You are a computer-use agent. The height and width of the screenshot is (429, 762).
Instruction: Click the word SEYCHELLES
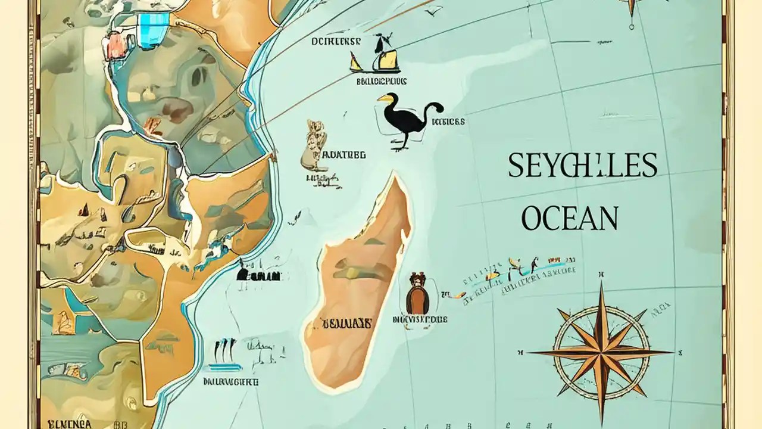[582, 165]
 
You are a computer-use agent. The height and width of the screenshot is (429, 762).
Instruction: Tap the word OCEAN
[570, 218]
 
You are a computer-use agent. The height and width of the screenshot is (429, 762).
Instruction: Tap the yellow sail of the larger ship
[389, 60]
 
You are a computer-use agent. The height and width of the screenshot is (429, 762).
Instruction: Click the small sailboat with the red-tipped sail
[355, 62]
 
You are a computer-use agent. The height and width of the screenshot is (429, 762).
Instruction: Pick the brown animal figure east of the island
[417, 293]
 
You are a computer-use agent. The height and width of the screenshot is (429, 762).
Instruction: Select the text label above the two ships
[336, 42]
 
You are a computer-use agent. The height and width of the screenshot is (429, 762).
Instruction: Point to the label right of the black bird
[448, 122]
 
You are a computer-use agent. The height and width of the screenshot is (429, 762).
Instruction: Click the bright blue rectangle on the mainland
[153, 27]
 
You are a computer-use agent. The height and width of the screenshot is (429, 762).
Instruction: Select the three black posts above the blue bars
[225, 348]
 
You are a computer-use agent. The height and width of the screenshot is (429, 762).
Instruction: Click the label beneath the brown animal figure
[420, 320]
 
